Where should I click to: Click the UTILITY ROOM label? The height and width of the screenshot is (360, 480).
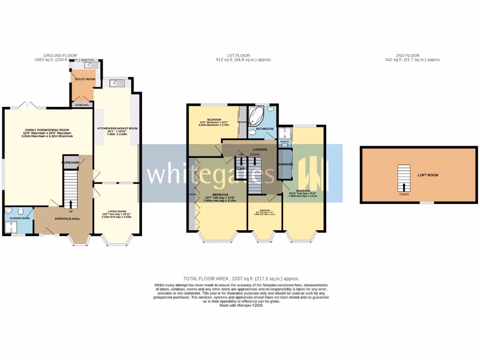(85, 80)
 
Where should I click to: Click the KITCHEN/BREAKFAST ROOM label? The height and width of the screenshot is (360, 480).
(117, 128)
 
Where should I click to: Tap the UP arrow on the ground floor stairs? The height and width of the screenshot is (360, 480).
(71, 204)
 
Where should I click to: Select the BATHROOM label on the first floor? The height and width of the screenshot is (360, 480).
(264, 128)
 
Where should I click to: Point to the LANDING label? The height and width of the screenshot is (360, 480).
(260, 150)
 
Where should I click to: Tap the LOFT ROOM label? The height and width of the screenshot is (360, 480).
(427, 175)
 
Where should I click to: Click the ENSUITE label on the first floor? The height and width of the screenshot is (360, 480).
(285, 141)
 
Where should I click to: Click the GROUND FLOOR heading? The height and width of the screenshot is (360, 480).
(60, 55)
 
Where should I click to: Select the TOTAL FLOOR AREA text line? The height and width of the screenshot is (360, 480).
(241, 278)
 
